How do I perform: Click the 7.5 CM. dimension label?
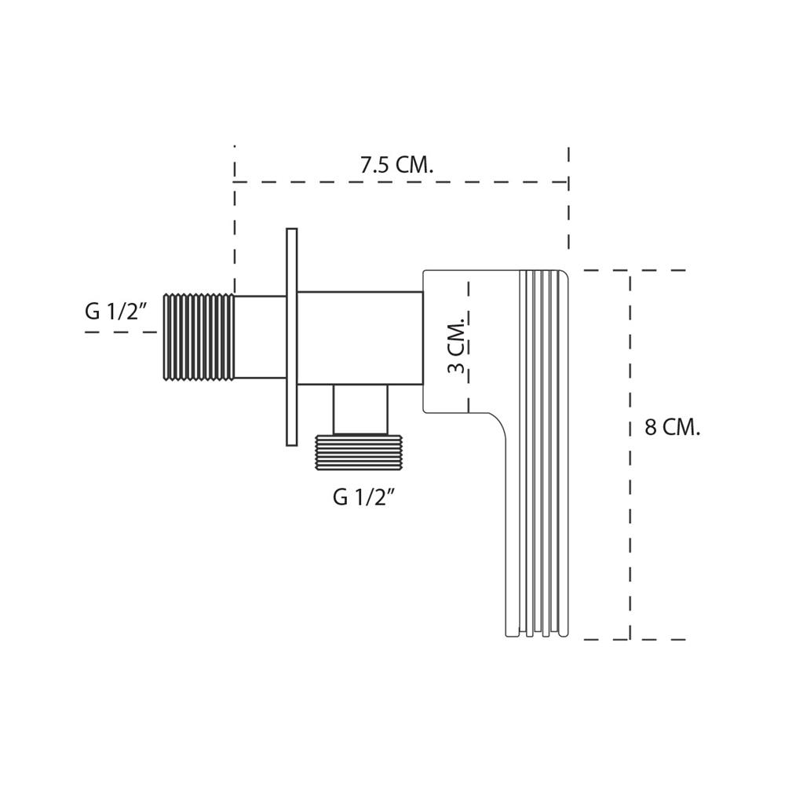click(x=396, y=166)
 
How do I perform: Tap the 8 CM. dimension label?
click(x=672, y=428)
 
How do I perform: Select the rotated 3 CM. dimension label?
click(x=458, y=346)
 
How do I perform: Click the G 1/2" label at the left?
click(x=116, y=312)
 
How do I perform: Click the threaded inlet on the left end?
click(x=199, y=337)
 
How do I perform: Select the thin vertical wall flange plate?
click(x=291, y=337)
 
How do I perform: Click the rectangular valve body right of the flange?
click(x=360, y=338)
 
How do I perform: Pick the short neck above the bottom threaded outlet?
click(x=360, y=409)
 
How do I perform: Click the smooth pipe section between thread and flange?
click(x=260, y=337)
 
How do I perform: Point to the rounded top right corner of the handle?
click(x=564, y=275)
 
